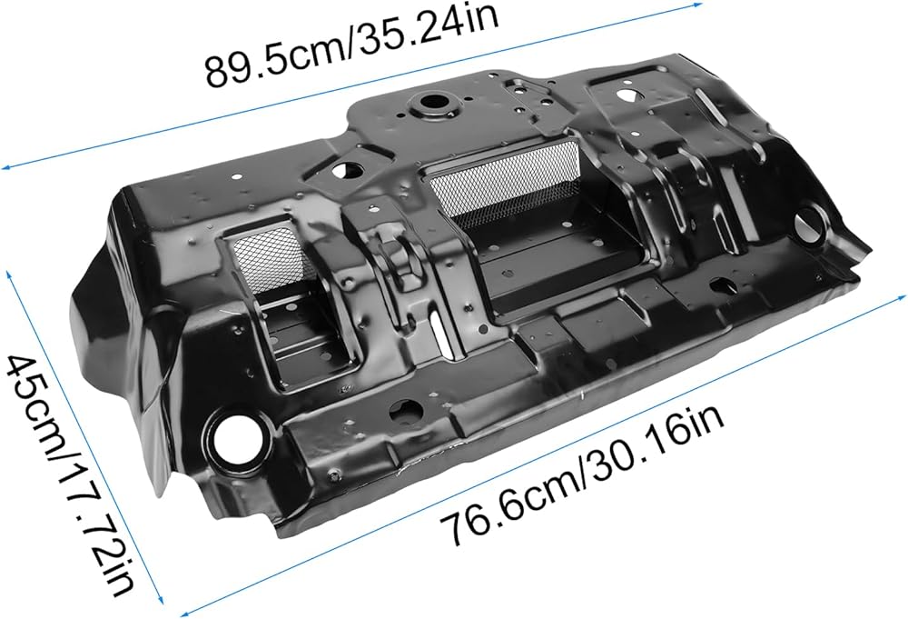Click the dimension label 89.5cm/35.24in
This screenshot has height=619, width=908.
click(351, 46)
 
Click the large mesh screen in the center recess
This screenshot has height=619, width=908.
click(505, 180)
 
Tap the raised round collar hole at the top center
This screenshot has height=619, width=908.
click(432, 105)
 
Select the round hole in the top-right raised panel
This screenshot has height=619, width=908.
click(625, 94)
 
